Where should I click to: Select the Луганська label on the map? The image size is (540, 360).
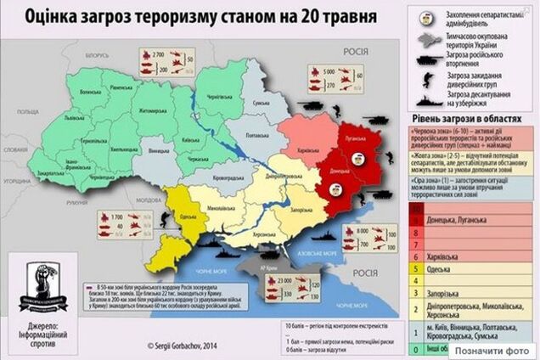coord(351,135)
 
